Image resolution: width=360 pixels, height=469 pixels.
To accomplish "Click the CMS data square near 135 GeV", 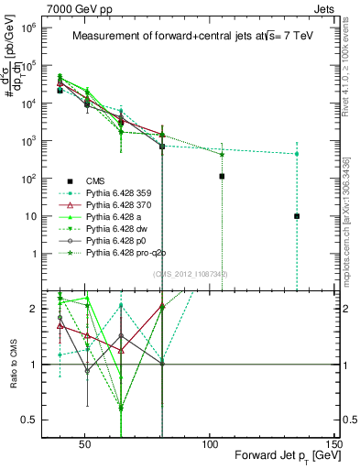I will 297,216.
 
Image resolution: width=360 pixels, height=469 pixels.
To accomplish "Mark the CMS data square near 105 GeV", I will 222,176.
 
